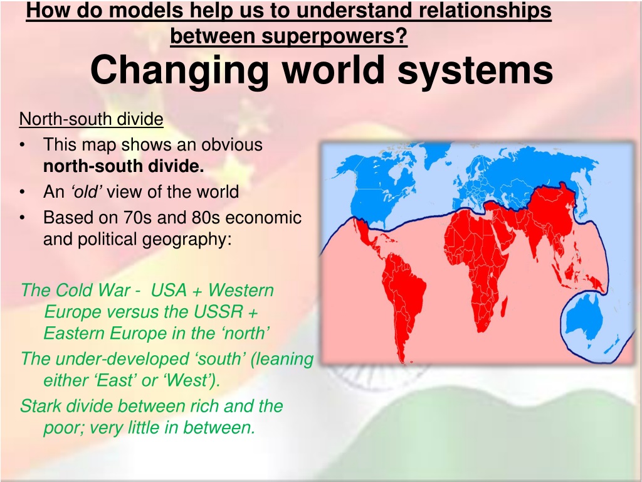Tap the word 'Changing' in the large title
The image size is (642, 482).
[179, 70]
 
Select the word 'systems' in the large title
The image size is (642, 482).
[475, 70]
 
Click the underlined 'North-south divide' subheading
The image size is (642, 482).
[92, 119]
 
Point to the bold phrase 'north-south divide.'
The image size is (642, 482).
[124, 166]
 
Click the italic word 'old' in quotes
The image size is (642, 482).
[87, 191]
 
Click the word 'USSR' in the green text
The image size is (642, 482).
[218, 311]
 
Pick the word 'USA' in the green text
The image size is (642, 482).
[169, 290]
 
